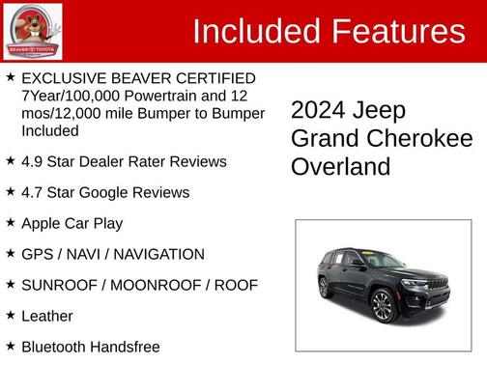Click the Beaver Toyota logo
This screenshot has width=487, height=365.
tap(34, 31)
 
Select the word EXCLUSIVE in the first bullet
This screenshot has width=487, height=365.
tap(64, 78)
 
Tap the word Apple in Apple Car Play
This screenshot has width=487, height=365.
tap(44, 223)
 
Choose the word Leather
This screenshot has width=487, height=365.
tap(47, 316)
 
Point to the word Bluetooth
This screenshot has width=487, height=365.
tap(56, 347)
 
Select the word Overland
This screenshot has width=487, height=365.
tap(341, 166)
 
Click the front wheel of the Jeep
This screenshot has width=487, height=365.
tap(381, 307)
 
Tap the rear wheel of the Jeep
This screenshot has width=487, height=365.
tap(324, 287)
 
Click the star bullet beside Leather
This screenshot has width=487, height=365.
tap(10, 315)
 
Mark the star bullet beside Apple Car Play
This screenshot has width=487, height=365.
tap(10, 222)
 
